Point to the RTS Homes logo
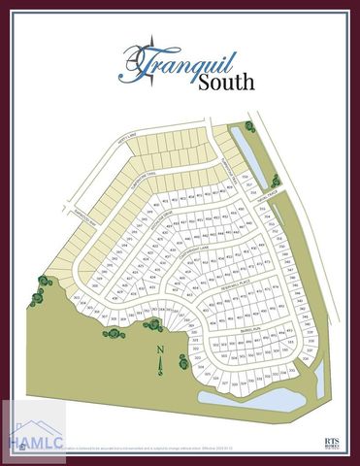(333, 441)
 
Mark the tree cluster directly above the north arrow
(114, 332)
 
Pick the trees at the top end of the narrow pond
(251, 125)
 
